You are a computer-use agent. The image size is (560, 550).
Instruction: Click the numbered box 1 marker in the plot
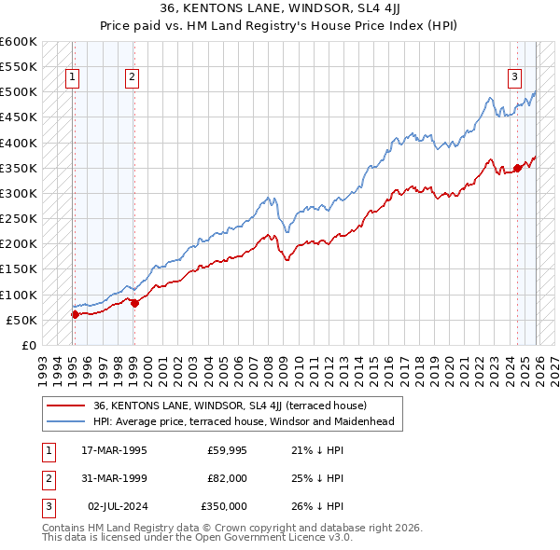pos(73,78)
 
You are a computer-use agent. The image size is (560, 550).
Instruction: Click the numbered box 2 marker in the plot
pos(133,78)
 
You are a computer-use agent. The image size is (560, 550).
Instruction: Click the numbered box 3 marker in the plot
pos(514,78)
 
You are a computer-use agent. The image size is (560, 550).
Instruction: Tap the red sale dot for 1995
pos(75,314)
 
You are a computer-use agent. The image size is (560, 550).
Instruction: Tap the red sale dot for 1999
pos(135,303)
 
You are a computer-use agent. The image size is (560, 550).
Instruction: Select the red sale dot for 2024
pos(517,168)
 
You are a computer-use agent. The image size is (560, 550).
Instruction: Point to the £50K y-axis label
pos(21,320)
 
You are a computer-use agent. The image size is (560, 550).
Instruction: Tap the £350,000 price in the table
pos(224,506)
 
